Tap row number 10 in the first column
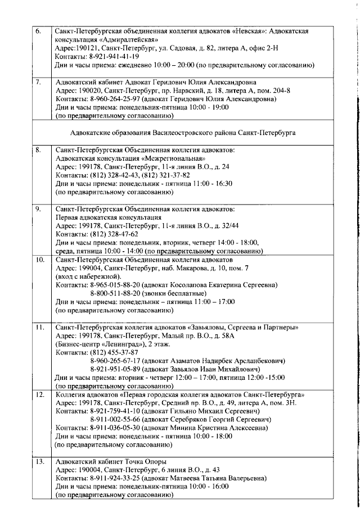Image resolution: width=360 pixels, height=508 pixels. (x=40, y=261)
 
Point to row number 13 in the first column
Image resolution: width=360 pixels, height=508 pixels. (x=40, y=462)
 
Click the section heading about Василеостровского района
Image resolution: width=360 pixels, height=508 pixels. (x=183, y=133)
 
